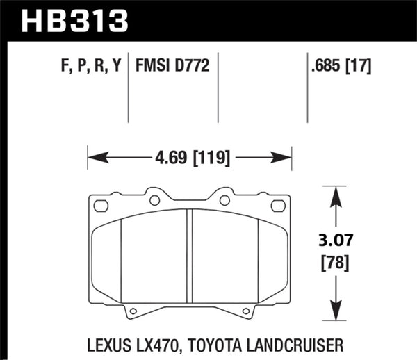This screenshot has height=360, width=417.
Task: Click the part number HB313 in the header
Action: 75,20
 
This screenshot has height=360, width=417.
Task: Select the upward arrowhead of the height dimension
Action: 337,191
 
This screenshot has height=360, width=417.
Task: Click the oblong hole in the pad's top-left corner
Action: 101,206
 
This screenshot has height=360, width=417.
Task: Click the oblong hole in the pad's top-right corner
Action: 278,206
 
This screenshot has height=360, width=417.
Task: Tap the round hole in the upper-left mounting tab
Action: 154,200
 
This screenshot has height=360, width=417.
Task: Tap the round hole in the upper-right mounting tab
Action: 224,200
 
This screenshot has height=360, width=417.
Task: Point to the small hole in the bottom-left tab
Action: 133,311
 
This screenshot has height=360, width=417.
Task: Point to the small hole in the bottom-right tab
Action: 245,311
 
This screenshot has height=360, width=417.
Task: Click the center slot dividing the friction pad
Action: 189,256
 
